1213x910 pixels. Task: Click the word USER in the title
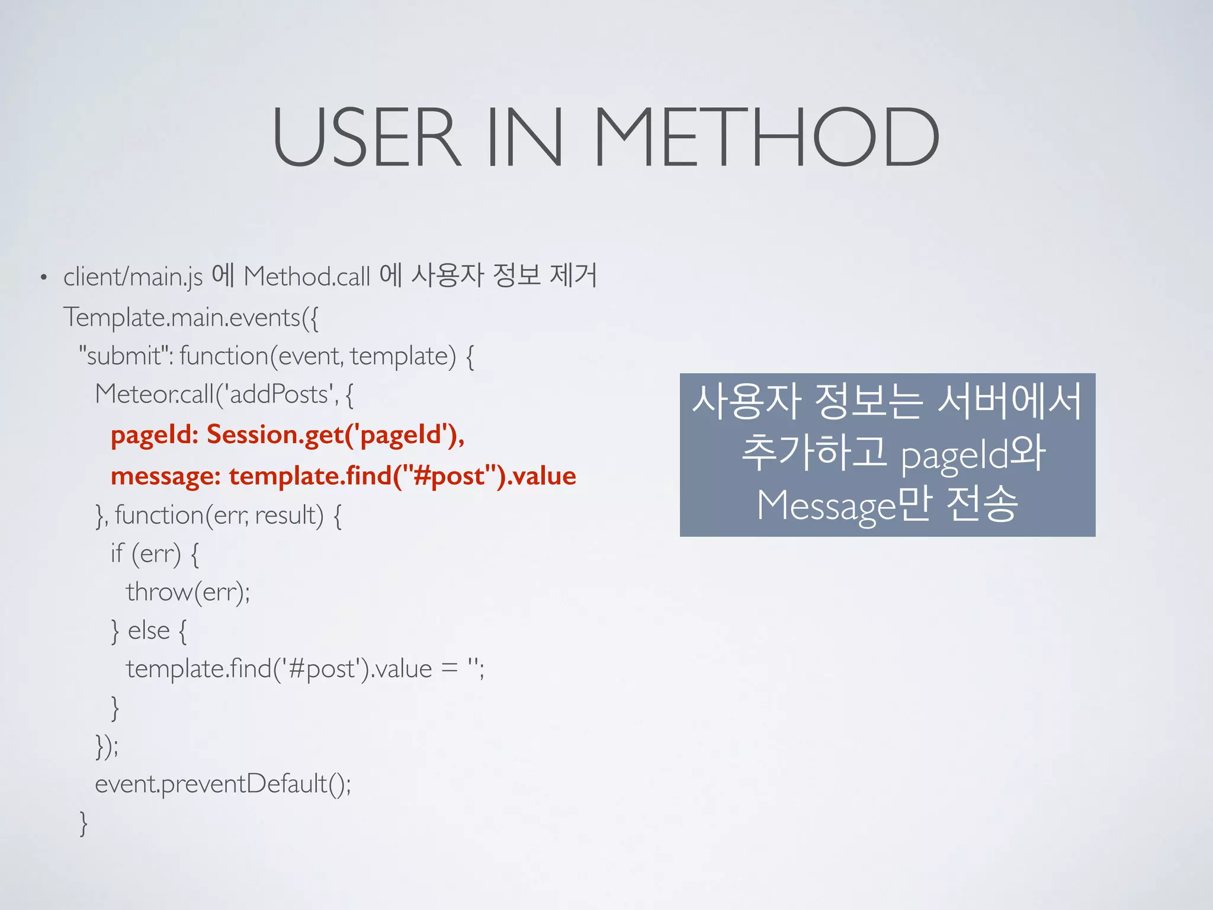click(365, 137)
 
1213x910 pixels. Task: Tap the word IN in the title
click(524, 137)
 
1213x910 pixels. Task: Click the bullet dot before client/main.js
click(43, 277)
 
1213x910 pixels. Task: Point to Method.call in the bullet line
click(307, 277)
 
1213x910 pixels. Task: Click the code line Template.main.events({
click(191, 318)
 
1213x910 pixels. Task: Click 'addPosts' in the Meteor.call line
click(278, 394)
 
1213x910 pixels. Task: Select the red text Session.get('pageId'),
click(335, 435)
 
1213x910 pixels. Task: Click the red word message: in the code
click(165, 476)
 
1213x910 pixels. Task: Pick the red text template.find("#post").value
click(402, 476)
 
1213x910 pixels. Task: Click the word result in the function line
click(289, 515)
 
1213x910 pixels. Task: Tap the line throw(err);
click(188, 592)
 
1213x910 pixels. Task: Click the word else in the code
click(149, 630)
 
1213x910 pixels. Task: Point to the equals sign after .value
click(450, 669)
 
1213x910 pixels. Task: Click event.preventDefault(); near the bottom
click(223, 784)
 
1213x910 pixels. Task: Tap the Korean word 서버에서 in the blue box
click(1010, 401)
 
